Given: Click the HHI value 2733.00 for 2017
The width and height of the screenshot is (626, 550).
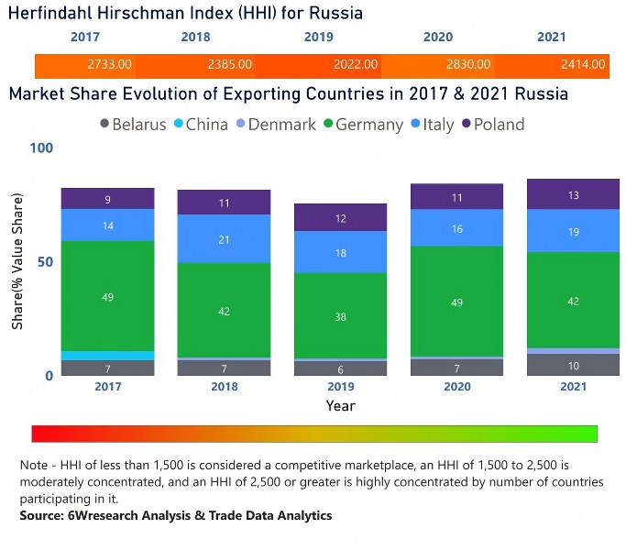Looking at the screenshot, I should (x=110, y=64).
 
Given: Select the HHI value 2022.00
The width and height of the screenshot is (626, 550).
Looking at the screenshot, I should (x=355, y=64).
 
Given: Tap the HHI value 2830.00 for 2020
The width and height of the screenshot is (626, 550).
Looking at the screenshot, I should (x=468, y=64).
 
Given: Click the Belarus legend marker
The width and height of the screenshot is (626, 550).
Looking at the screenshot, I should (x=104, y=124).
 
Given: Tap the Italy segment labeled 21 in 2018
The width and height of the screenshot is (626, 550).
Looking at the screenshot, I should (x=225, y=239).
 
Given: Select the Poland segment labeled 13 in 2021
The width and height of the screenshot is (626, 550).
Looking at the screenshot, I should (x=573, y=194).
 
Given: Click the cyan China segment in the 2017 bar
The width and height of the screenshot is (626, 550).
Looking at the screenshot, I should (x=108, y=356).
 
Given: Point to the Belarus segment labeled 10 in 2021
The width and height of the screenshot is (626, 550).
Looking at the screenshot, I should (x=573, y=366).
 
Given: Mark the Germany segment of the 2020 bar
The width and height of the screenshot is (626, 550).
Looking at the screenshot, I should (x=456, y=302).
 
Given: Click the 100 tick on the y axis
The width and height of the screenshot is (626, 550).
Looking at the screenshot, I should (x=41, y=148).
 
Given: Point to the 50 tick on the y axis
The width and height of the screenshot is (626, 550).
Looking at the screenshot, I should (x=45, y=262).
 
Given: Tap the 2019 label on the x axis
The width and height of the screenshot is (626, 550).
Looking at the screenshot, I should (x=340, y=387).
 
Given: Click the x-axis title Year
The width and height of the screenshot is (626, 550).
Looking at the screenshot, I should (x=340, y=405).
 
